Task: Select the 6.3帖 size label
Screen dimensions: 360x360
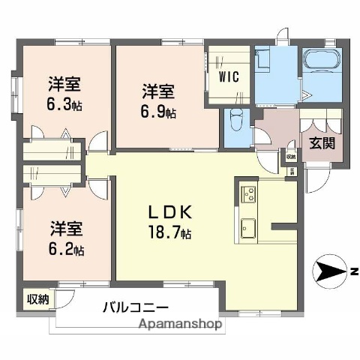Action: (66, 104)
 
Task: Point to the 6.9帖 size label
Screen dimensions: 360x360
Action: (160, 112)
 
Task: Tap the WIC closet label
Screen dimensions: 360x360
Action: (228, 76)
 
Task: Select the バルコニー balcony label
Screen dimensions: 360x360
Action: (135, 307)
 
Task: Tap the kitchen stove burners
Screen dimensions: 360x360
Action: (247, 196)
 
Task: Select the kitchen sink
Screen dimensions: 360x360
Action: (248, 226)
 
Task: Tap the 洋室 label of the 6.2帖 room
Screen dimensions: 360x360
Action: (66, 226)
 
